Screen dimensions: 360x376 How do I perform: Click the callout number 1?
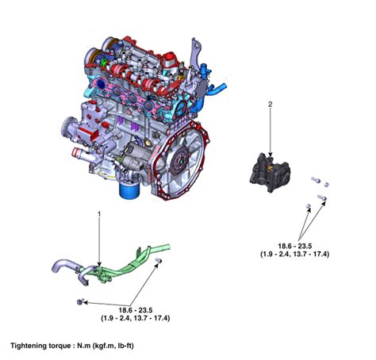(x=99, y=214)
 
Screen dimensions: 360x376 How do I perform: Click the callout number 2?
(x=270, y=104)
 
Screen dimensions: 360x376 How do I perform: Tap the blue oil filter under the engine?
(x=129, y=190)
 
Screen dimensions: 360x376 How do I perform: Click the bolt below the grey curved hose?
(x=80, y=302)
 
